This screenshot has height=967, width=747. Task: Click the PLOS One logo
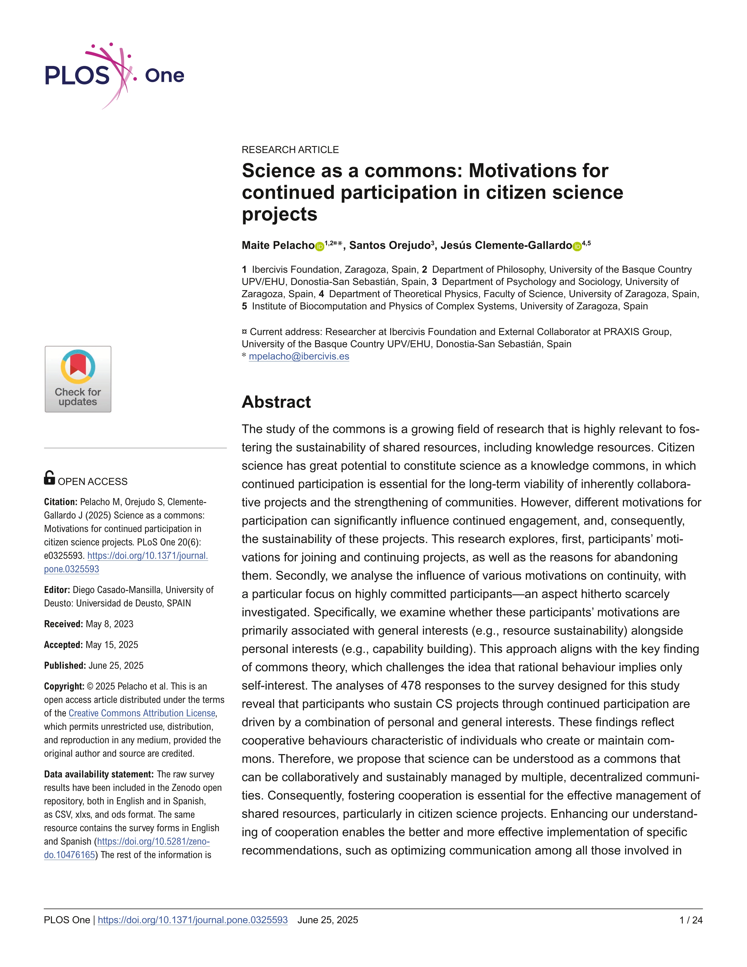[114, 76]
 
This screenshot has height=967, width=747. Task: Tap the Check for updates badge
[78, 379]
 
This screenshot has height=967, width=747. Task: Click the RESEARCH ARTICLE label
[290, 150]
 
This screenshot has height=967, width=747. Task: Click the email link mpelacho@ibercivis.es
[299, 356]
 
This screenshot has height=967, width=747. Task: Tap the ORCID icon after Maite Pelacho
[320, 247]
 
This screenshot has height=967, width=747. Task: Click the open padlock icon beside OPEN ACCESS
[50, 478]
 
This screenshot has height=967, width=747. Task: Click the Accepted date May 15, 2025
[112, 645]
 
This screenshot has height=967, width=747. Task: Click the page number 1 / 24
[690, 920]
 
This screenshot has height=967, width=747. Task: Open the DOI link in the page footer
[192, 920]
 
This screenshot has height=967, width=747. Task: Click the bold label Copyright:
[64, 686]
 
